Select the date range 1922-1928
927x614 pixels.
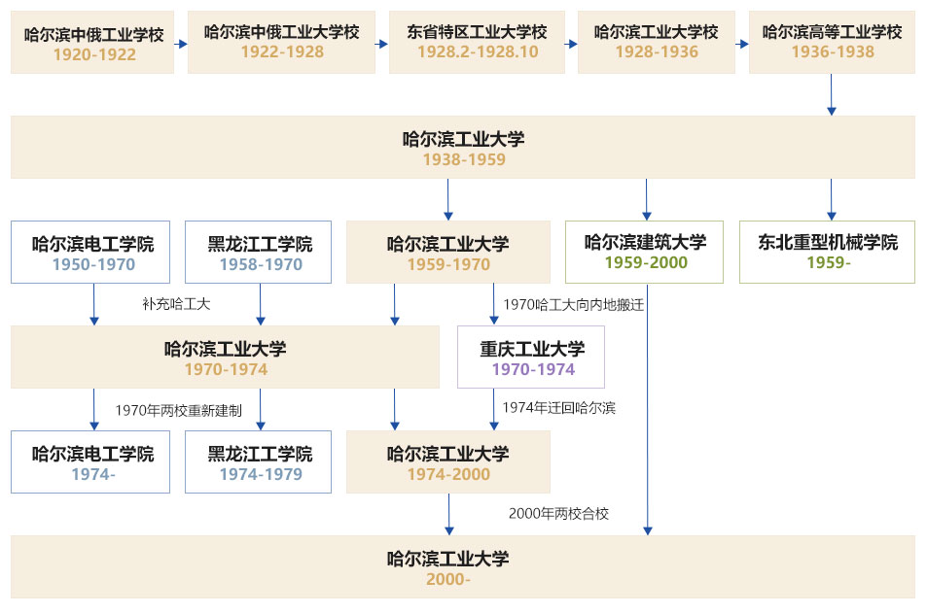(282, 51)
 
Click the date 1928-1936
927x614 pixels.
(657, 51)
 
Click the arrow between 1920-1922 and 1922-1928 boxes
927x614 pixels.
(181, 44)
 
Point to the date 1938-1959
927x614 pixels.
(463, 159)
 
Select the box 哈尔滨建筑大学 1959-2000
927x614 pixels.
(645, 252)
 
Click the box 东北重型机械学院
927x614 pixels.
(828, 252)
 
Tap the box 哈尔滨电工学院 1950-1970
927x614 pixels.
(93, 252)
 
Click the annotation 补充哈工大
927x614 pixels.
(176, 304)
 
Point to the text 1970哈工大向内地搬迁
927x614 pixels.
(573, 304)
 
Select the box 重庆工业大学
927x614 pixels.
(532, 358)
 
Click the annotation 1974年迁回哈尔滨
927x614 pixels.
(558, 408)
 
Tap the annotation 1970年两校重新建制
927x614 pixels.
(178, 410)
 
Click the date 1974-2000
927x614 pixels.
(447, 474)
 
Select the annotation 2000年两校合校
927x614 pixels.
(558, 513)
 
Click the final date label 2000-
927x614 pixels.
(447, 579)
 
